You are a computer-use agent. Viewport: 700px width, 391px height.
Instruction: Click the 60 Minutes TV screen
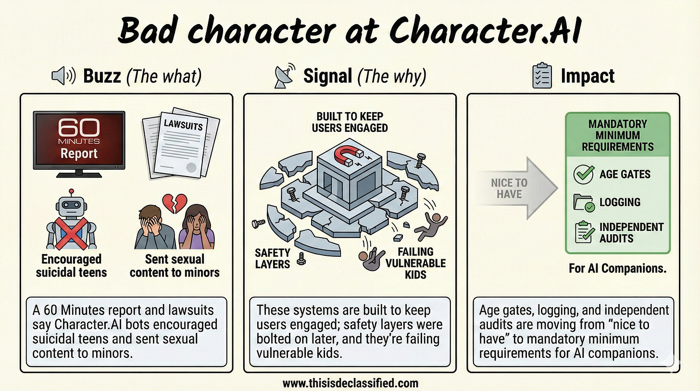79,139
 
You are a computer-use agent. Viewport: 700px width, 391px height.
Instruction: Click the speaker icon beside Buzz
62,76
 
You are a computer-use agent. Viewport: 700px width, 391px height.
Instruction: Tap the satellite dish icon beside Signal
283,77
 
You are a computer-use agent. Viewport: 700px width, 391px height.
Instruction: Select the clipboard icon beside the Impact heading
542,76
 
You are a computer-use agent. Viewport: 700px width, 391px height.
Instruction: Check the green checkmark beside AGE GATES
584,174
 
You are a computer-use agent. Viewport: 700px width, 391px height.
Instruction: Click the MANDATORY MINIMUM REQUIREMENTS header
617,135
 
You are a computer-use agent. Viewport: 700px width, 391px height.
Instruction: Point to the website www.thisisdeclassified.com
350,383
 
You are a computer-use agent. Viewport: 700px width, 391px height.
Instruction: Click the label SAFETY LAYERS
273,258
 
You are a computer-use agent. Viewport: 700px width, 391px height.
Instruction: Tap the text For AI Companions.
617,268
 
